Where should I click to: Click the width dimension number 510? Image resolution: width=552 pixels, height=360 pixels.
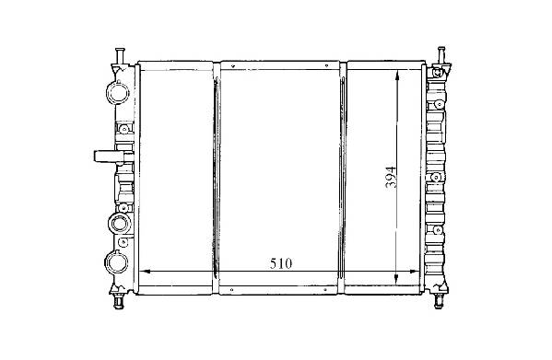pyautogui.click(x=281, y=263)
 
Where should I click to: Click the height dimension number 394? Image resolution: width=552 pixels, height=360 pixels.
pyautogui.click(x=391, y=177)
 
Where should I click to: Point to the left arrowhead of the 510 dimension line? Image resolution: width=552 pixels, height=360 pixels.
pyautogui.click(x=145, y=272)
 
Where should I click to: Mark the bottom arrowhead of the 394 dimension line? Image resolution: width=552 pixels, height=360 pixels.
pyautogui.click(x=396, y=279)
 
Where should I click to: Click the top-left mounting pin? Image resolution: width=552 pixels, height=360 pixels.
pyautogui.click(x=120, y=56)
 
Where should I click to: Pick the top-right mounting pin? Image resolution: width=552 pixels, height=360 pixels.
pyautogui.click(x=440, y=55)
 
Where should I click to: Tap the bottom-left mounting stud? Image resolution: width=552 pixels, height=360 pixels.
pyautogui.click(x=119, y=301)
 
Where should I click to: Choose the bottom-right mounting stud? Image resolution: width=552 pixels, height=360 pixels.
pyautogui.click(x=439, y=301)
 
